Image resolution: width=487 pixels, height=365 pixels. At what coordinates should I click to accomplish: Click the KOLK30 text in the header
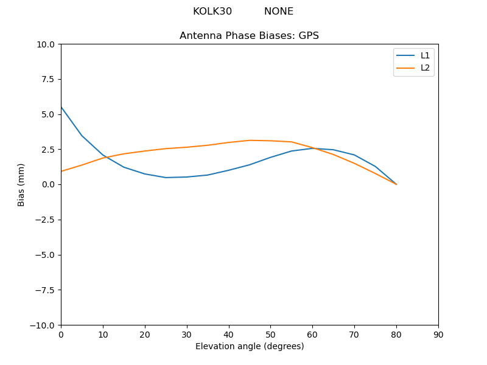pyautogui.click(x=212, y=12)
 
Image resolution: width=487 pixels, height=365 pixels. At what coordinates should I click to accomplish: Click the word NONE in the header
pyautogui.click(x=278, y=12)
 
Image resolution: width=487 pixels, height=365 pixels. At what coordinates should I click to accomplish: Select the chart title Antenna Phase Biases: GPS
pyautogui.click(x=249, y=36)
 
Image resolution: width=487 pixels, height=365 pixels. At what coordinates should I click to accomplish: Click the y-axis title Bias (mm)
pyautogui.click(x=21, y=184)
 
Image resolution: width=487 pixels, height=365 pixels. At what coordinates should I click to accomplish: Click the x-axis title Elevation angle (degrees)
pyautogui.click(x=249, y=346)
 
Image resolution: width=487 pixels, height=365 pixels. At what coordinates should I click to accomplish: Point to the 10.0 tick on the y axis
pyautogui.click(x=45, y=44)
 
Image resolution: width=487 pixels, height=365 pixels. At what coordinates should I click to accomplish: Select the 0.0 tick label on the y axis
pyautogui.click(x=47, y=184)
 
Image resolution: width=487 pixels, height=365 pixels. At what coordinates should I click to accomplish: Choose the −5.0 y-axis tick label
pyautogui.click(x=44, y=255)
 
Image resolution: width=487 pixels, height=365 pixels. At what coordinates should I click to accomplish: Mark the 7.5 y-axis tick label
pyautogui.click(x=47, y=79)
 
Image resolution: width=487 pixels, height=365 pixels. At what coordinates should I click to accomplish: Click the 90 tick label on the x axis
pyautogui.click(x=438, y=335)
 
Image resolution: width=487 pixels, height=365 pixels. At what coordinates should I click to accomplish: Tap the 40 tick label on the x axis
pyautogui.click(x=228, y=335)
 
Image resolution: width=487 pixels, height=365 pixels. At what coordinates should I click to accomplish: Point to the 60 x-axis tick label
pyautogui.click(x=312, y=335)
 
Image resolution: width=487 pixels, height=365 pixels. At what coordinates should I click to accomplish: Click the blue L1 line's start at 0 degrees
pyautogui.click(x=61, y=107)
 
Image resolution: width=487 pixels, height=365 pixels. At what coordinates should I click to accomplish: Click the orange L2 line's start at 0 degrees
pyautogui.click(x=61, y=172)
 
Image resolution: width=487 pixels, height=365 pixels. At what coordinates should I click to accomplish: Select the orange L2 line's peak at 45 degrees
pyautogui.click(x=250, y=141)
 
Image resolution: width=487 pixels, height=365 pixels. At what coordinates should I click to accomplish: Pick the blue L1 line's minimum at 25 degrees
pyautogui.click(x=166, y=178)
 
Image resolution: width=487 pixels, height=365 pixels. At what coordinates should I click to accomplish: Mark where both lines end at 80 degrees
pyautogui.click(x=396, y=184)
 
